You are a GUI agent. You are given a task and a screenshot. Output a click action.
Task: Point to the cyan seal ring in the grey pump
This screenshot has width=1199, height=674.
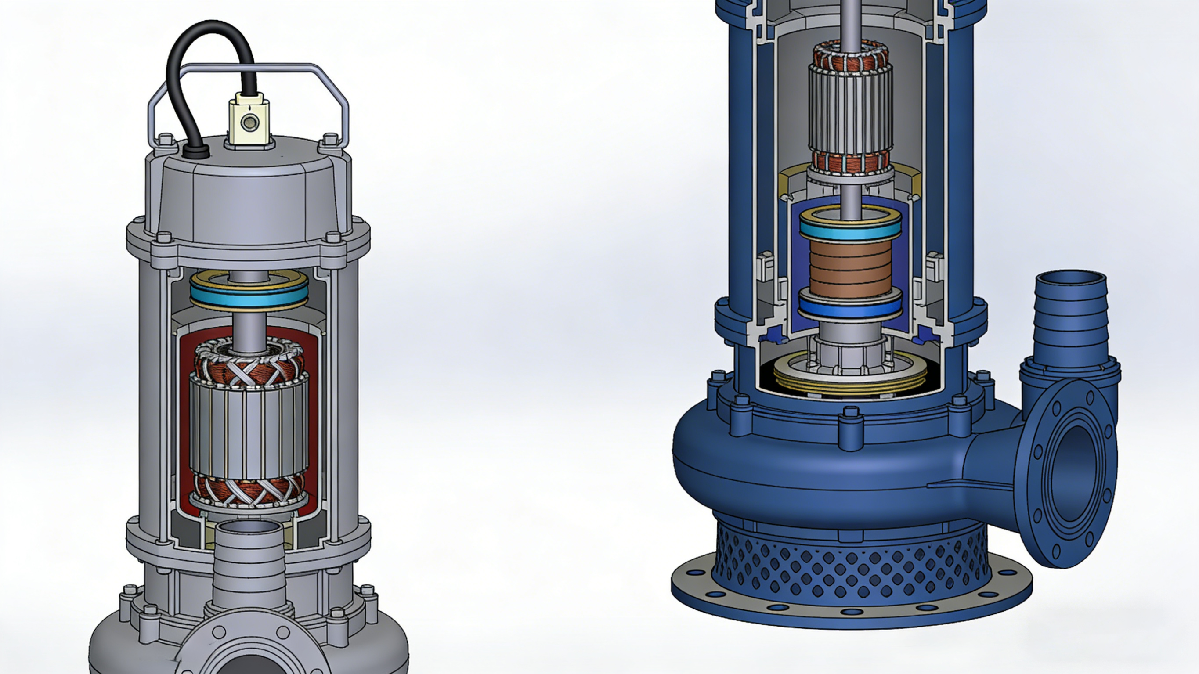coord(249,297)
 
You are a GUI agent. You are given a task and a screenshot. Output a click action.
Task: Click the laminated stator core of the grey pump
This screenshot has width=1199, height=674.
coord(249,428)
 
